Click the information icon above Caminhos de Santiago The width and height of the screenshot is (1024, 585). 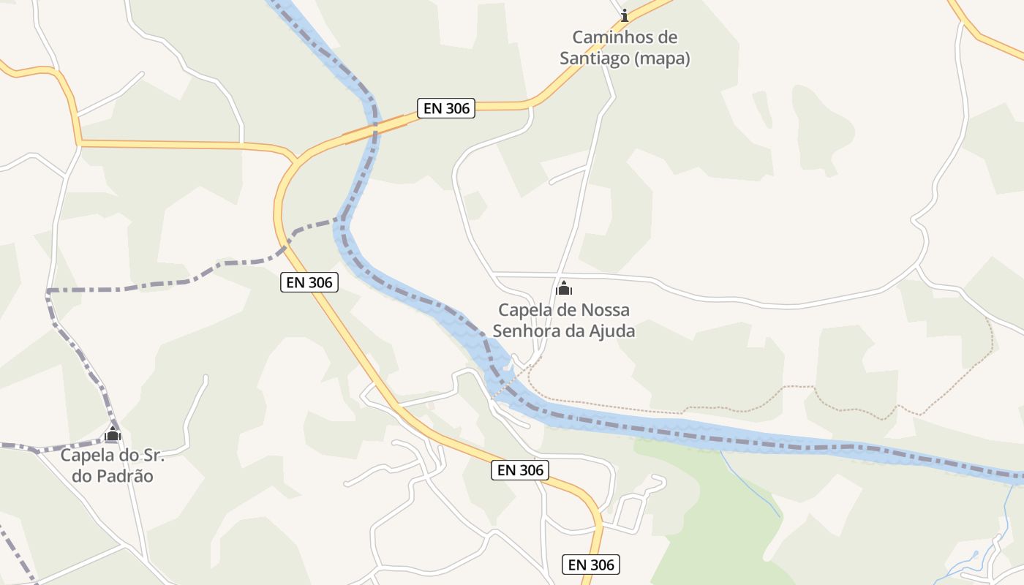click(624, 15)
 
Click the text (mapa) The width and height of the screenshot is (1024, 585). click(662, 59)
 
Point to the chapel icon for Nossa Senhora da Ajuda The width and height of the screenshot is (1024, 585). click(564, 289)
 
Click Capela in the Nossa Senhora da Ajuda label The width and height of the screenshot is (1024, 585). click(524, 310)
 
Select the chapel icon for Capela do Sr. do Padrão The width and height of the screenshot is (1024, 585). click(112, 434)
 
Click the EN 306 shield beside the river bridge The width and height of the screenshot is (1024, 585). click(446, 109)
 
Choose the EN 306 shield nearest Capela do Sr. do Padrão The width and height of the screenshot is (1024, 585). click(309, 282)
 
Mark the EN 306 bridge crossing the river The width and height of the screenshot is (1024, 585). click(374, 127)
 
